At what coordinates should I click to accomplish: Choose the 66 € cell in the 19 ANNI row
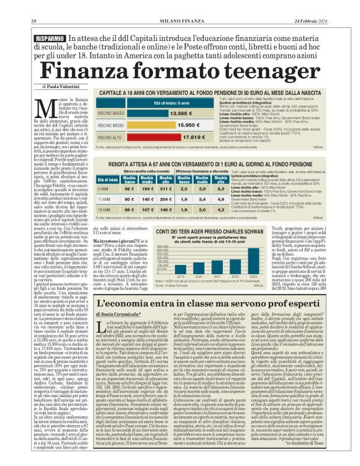[x=129, y=210]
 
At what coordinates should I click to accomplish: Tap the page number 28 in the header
[x=34, y=22]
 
